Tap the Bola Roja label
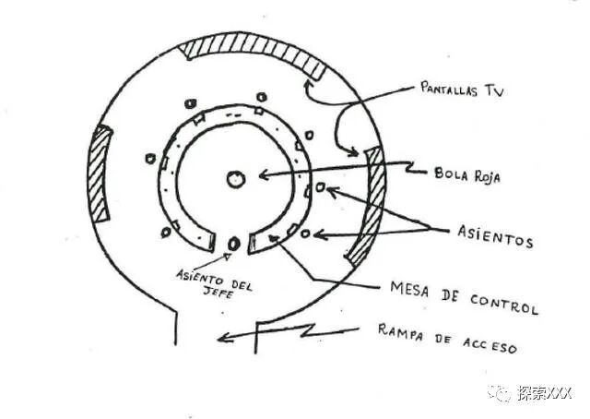pos(466,174)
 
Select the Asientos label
pos(495,237)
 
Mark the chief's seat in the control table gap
pos(233,244)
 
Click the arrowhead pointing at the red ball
pos(263,173)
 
